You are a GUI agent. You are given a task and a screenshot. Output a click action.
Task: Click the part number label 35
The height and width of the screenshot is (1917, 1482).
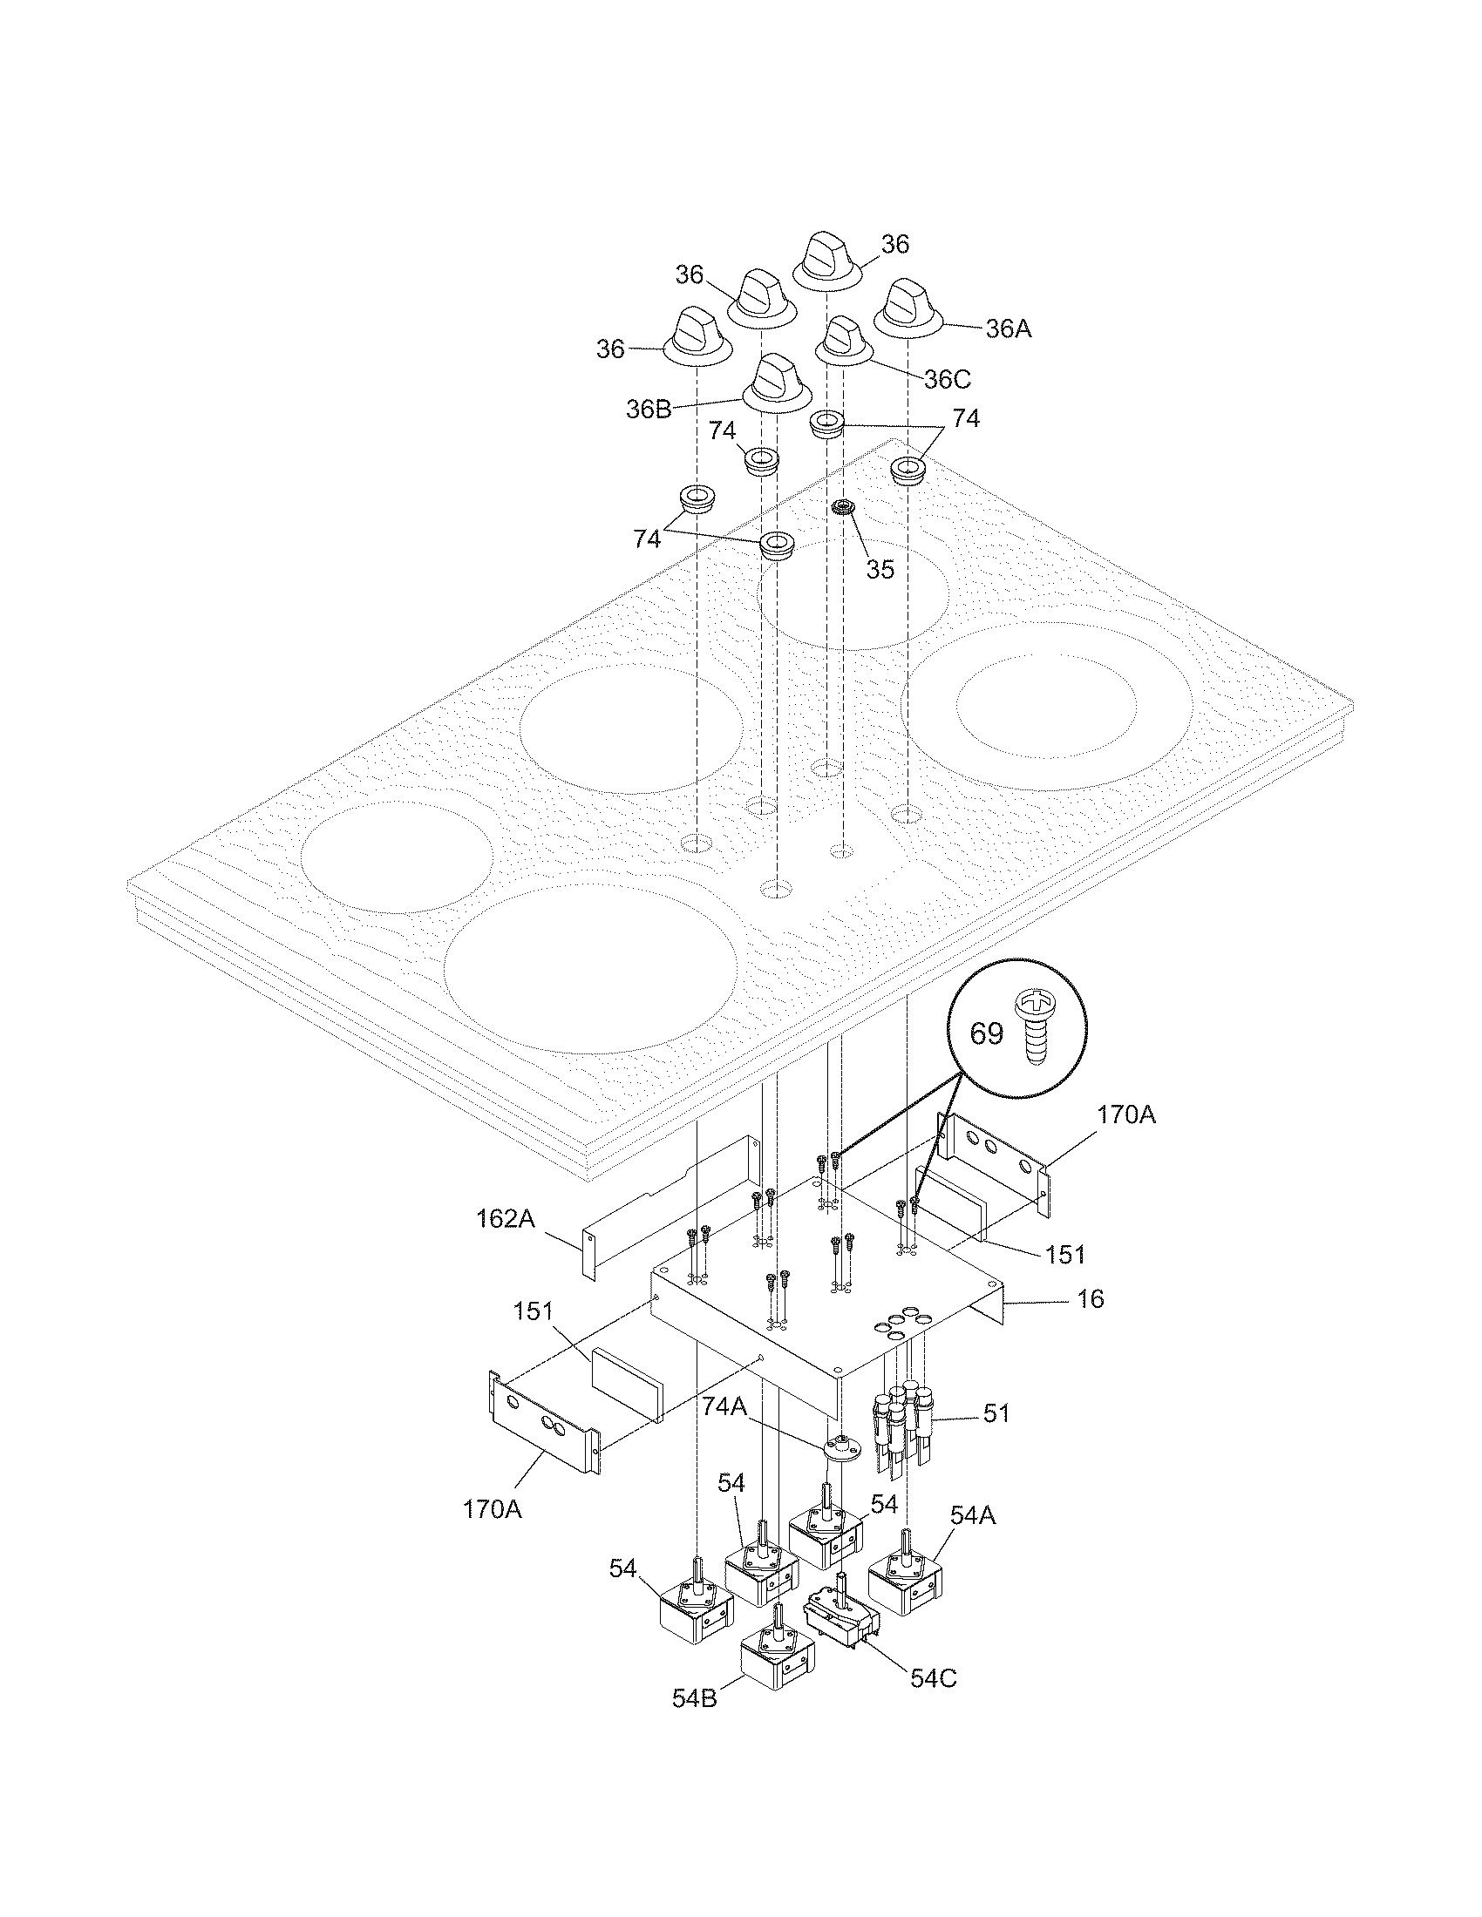[x=880, y=569]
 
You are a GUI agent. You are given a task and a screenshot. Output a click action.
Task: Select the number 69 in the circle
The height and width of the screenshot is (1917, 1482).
[x=986, y=1033]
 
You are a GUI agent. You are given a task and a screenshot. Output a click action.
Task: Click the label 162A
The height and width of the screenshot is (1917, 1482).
[x=506, y=1219]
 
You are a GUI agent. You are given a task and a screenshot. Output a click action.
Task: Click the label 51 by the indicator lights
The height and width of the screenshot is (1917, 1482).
[x=996, y=1413]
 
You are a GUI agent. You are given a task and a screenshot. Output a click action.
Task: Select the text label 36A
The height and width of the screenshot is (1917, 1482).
[x=1009, y=329]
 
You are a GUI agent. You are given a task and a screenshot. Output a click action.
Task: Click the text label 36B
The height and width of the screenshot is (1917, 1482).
[x=649, y=409]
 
